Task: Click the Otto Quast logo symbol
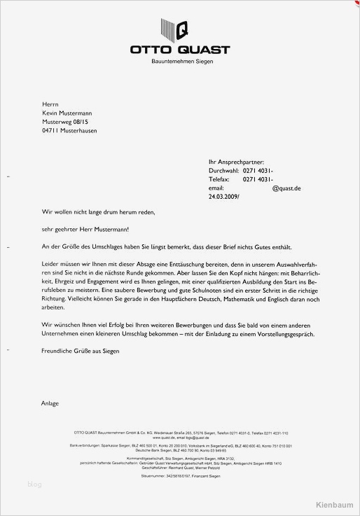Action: [179, 29]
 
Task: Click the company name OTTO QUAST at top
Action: [179, 50]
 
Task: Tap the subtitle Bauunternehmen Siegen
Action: [182, 62]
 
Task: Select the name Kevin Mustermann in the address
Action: [67, 113]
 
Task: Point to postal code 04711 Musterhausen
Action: [69, 130]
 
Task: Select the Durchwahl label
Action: [223, 171]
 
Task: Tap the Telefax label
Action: [221, 179]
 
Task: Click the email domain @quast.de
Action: [286, 188]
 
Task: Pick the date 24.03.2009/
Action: [223, 197]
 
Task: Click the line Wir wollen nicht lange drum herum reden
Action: [98, 211]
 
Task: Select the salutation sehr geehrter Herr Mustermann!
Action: [85, 229]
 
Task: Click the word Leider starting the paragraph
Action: [50, 264]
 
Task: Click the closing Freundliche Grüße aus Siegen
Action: [81, 351]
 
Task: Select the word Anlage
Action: [50, 403]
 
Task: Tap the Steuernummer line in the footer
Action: [181, 476]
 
